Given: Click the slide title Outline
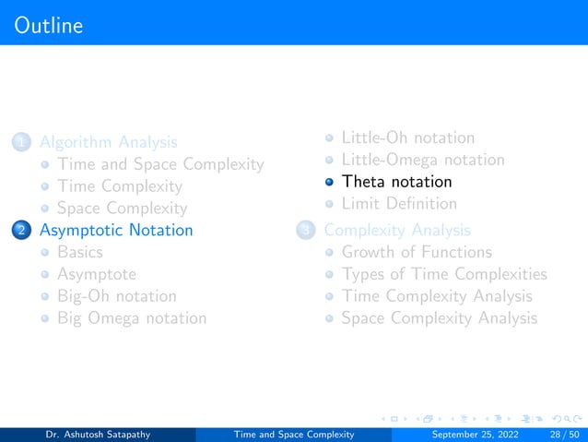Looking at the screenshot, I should pos(49,25).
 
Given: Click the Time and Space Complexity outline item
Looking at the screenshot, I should pos(159,164).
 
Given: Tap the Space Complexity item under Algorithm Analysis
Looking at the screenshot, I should pos(122,209).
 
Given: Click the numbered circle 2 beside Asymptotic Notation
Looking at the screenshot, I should pos(20,231).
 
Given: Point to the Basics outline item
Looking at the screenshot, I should pos(79,252).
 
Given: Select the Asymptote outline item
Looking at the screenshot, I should pos(96,274).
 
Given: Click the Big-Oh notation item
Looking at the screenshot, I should pos(116,296).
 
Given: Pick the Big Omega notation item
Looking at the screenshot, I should pos(131,318).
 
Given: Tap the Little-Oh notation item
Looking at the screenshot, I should pos(408,137).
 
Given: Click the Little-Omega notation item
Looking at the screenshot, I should pos(423,160).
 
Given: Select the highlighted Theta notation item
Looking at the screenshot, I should pos(396,182).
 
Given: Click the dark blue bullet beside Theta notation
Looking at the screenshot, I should pos(329,182).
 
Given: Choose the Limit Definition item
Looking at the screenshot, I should pos(399,203).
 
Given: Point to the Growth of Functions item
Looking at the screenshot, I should pos(417,252).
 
